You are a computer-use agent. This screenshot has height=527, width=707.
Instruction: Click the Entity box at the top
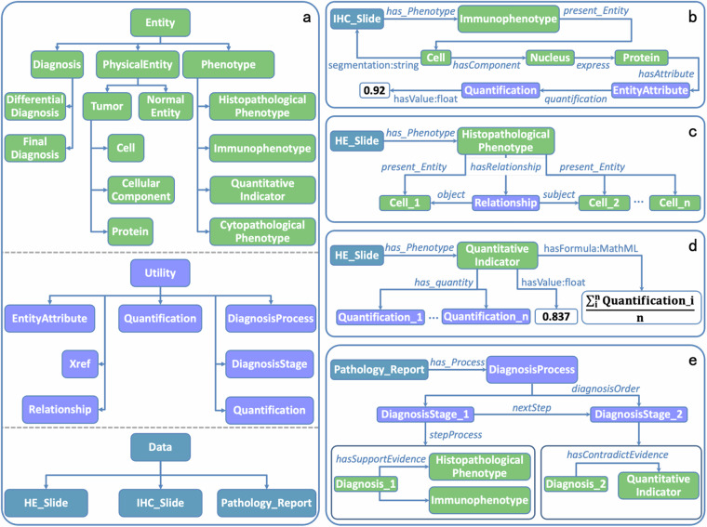(154, 20)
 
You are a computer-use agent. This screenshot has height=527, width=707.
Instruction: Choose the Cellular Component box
(139, 189)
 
